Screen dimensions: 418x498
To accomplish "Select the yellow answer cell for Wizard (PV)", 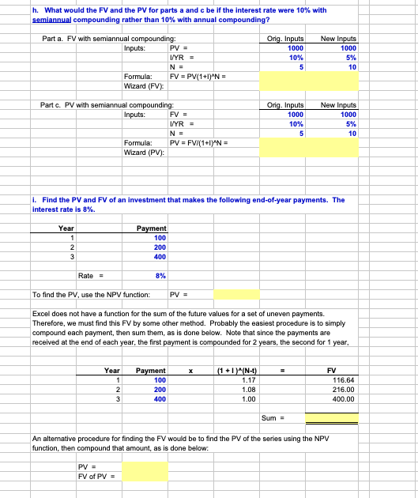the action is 308,147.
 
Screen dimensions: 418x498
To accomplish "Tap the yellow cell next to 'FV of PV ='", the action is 145,475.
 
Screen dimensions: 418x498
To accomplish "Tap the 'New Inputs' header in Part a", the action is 337,39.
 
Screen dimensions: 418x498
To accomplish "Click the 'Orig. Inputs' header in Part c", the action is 285,105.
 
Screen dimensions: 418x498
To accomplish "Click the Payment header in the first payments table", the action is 151,228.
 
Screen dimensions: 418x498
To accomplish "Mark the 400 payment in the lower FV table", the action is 159,399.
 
